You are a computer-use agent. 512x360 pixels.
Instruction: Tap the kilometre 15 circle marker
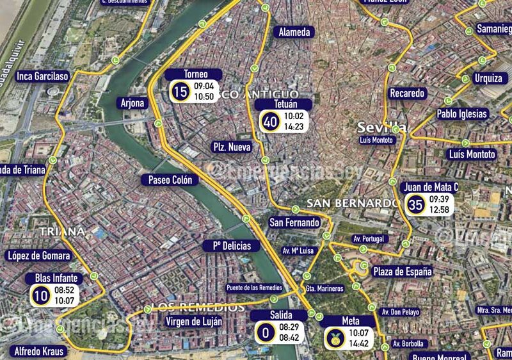click(180, 92)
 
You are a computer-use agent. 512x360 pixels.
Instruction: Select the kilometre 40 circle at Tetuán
click(270, 121)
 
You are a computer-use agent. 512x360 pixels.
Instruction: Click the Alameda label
click(294, 32)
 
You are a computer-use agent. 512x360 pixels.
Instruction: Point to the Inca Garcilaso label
click(43, 76)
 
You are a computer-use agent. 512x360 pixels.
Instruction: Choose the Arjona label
click(132, 103)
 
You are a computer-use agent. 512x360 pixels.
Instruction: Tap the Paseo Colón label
click(170, 180)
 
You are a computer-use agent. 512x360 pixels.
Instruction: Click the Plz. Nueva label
click(231, 147)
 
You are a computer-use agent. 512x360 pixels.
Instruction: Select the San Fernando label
click(294, 222)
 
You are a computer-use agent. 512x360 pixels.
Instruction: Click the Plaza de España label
click(403, 272)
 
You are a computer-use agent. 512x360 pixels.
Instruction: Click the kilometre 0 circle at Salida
click(264, 332)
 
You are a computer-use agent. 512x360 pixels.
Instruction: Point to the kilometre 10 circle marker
click(41, 295)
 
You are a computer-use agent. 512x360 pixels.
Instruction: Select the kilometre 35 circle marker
click(416, 205)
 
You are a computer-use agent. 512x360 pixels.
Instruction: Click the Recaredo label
click(407, 94)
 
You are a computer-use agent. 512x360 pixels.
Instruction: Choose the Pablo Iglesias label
click(462, 114)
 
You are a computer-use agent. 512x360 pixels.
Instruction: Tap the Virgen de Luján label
click(194, 322)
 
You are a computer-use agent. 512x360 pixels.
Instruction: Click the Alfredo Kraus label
click(39, 352)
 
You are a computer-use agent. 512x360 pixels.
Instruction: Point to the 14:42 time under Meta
click(360, 343)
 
